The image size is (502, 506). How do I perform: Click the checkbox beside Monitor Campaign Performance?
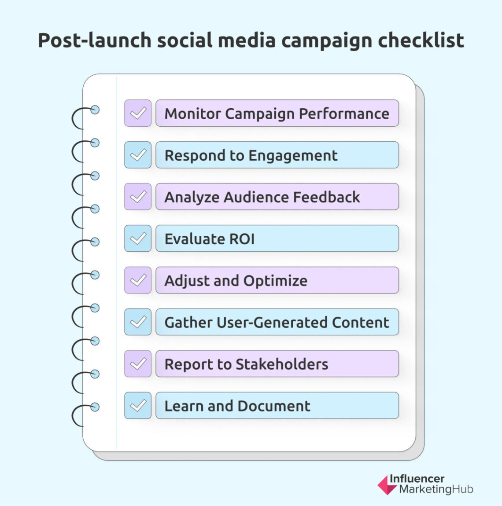pos(138,113)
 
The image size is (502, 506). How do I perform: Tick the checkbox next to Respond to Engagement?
pos(138,155)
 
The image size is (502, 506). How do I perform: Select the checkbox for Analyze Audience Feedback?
pos(138,197)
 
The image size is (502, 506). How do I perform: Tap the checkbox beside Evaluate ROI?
pos(138,238)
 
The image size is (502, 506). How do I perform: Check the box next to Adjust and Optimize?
pos(138,280)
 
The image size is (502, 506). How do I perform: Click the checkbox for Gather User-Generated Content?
pos(138,322)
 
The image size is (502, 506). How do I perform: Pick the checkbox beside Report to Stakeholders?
pos(138,364)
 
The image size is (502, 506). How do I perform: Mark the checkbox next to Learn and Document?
pos(138,405)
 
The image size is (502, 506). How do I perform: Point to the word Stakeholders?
pos(282,364)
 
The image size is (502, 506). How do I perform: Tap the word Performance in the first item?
pos(344,114)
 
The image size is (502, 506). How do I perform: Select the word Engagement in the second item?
pos(293,156)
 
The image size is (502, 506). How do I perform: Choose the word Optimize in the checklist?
pos(275,281)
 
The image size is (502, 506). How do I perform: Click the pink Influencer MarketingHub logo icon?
pos(387,484)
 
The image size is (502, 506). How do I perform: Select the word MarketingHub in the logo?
pos(436,489)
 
